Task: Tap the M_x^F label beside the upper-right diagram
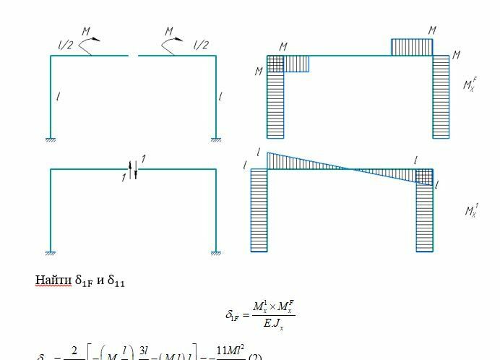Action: click(470, 85)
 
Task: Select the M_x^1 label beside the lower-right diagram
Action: click(472, 210)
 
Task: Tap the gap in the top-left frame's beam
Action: click(133, 56)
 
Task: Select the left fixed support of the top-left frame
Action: click(51, 139)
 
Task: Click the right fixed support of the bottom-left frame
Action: click(215, 252)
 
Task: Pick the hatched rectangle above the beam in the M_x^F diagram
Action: click(412, 47)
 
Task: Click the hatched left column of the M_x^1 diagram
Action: click(259, 210)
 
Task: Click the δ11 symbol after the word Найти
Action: click(116, 282)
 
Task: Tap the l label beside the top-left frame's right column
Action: click(220, 96)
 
